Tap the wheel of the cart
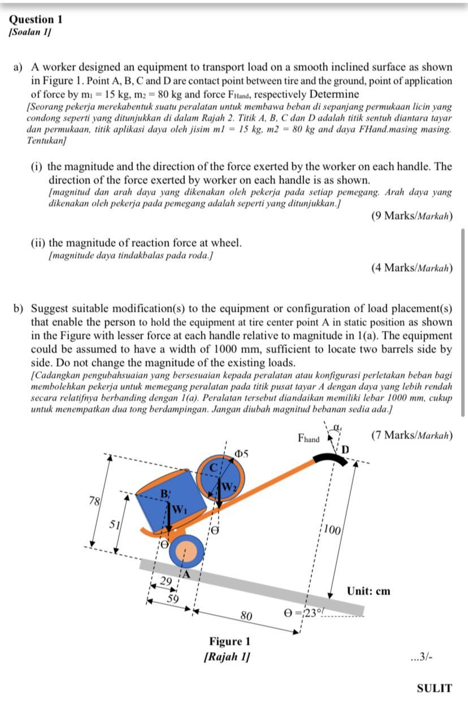pyautogui.click(x=186, y=550)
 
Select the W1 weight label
pyautogui.click(x=178, y=508)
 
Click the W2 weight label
pyautogui.click(x=229, y=486)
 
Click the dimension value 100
pyautogui.click(x=333, y=530)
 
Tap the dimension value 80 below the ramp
pyautogui.click(x=246, y=615)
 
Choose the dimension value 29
pyautogui.click(x=166, y=581)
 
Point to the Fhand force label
pyautogui.click(x=309, y=438)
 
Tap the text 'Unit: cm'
pyautogui.click(x=369, y=591)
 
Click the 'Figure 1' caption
pyautogui.click(x=229, y=641)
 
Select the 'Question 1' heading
pyautogui.click(x=36, y=19)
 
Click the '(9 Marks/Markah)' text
pyautogui.click(x=411, y=215)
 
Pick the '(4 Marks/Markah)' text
pyautogui.click(x=411, y=267)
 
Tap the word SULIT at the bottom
pyautogui.click(x=434, y=688)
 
